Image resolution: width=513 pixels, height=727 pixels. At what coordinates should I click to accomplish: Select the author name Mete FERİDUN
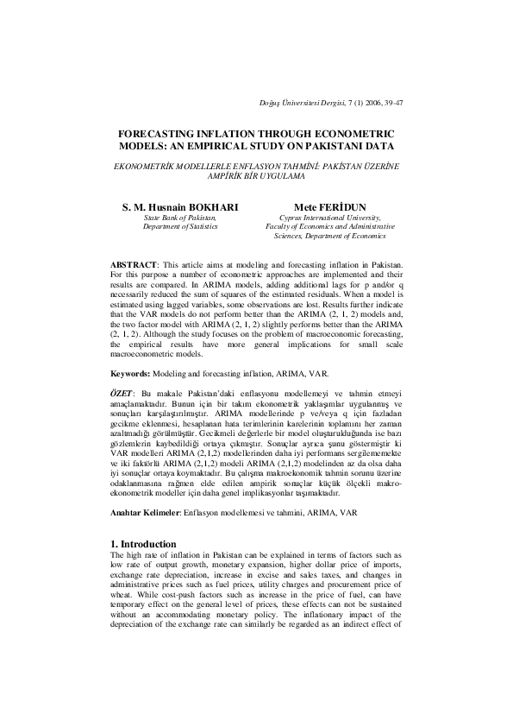coord(332,208)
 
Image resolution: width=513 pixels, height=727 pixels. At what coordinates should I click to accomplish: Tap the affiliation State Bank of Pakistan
coord(180,218)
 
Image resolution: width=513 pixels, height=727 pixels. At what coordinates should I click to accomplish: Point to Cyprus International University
coord(332,218)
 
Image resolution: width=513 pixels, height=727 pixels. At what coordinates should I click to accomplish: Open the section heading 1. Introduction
coord(147,543)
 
